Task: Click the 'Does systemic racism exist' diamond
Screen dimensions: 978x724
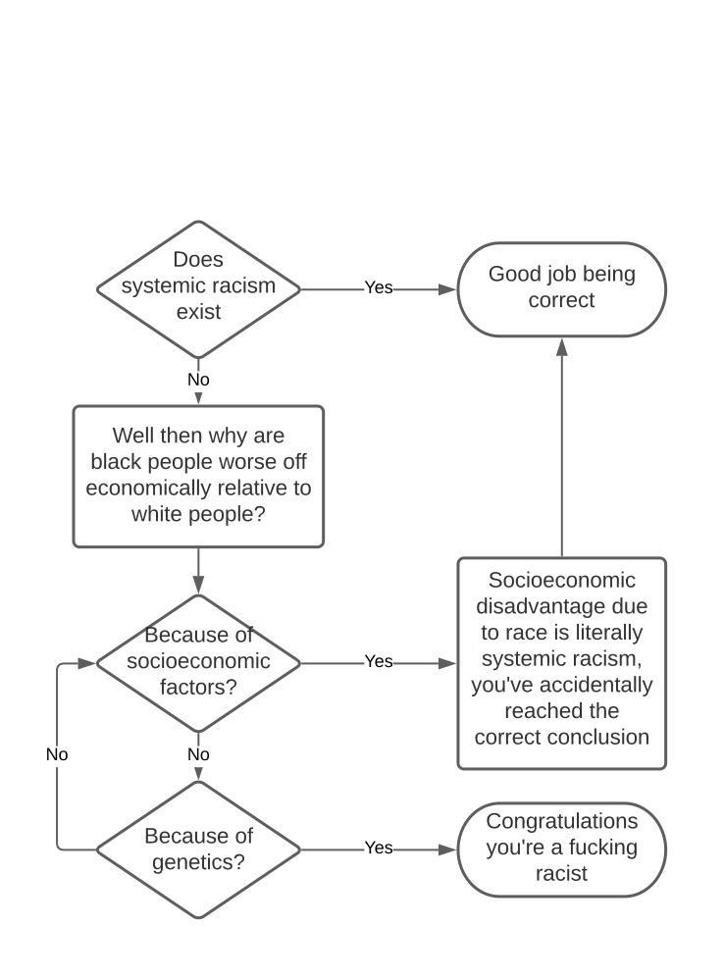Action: pos(199,288)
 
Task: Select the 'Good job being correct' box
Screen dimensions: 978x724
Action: pos(561,288)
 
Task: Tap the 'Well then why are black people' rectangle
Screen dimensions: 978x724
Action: pos(198,476)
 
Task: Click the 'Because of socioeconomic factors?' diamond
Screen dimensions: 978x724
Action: pos(198,662)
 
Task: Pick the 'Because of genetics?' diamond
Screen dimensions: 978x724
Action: pos(198,849)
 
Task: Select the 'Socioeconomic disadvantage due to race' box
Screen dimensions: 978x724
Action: pos(561,663)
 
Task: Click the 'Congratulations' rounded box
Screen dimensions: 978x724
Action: pos(561,849)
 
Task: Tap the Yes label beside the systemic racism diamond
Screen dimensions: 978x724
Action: pos(379,287)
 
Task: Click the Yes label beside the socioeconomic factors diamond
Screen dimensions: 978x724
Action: pos(379,662)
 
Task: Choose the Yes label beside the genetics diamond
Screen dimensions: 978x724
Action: pos(379,849)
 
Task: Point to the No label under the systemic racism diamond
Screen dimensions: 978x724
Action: pos(198,380)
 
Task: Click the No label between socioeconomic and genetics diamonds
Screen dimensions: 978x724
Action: pos(198,755)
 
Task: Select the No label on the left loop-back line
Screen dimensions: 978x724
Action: pos(57,755)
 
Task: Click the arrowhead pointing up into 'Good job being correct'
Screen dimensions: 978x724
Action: pos(562,347)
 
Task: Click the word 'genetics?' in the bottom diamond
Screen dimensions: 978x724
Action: pos(198,863)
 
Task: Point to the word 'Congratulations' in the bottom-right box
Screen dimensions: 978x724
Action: pos(561,821)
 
